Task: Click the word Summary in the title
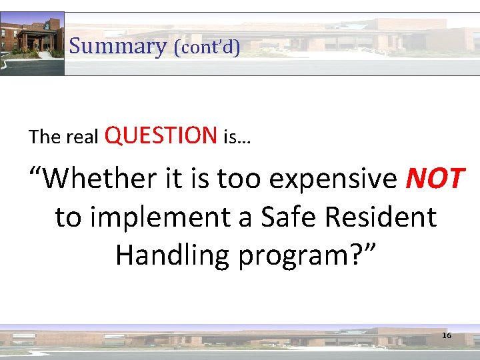[x=117, y=47]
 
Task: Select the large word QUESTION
[x=161, y=135]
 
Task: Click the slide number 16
[x=447, y=335]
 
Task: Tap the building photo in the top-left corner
[x=32, y=43]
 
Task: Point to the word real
[x=83, y=138]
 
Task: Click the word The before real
[x=45, y=137]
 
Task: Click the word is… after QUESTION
[x=239, y=138]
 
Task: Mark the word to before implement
[x=69, y=217]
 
